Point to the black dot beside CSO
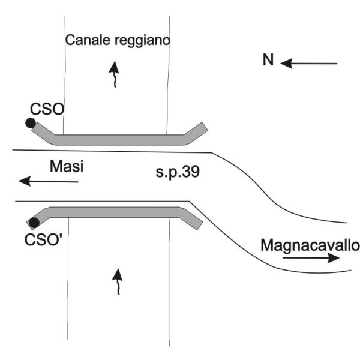[30, 123]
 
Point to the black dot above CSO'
[34, 223]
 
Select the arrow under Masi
[48, 181]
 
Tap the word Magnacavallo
[310, 245]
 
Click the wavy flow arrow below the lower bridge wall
[118, 281]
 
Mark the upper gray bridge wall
[120, 140]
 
